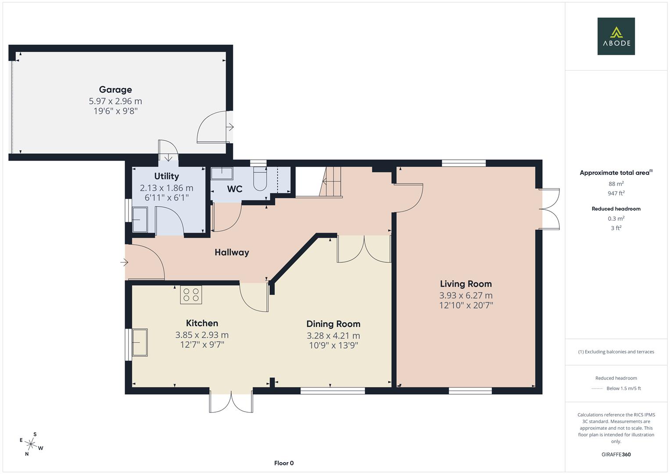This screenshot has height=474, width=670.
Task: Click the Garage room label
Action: coord(115,90)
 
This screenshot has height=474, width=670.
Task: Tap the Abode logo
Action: coord(616,36)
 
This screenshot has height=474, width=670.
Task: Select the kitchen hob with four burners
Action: coord(191,294)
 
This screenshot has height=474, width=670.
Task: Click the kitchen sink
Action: coord(140,342)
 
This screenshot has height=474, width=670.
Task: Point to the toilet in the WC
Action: coord(260,178)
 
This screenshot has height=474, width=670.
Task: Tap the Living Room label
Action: coord(466,284)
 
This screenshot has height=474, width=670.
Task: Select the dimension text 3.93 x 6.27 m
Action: coord(466,295)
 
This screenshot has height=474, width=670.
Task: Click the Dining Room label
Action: coord(333,324)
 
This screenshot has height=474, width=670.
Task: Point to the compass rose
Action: coord(31,444)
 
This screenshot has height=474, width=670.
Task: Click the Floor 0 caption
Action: coord(284,463)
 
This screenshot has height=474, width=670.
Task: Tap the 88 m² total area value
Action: coord(616,184)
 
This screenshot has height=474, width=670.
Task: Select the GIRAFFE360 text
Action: coord(616,454)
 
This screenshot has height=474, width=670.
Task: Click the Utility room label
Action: coord(167,176)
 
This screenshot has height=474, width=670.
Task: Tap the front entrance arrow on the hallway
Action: coord(124,262)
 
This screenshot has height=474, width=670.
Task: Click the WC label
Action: coord(234,189)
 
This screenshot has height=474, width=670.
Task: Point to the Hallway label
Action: coord(232,252)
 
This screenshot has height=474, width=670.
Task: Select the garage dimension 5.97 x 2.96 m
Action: coord(115,101)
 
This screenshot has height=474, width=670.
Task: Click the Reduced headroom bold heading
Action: coord(616,208)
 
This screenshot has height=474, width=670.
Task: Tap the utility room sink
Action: coord(140,219)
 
